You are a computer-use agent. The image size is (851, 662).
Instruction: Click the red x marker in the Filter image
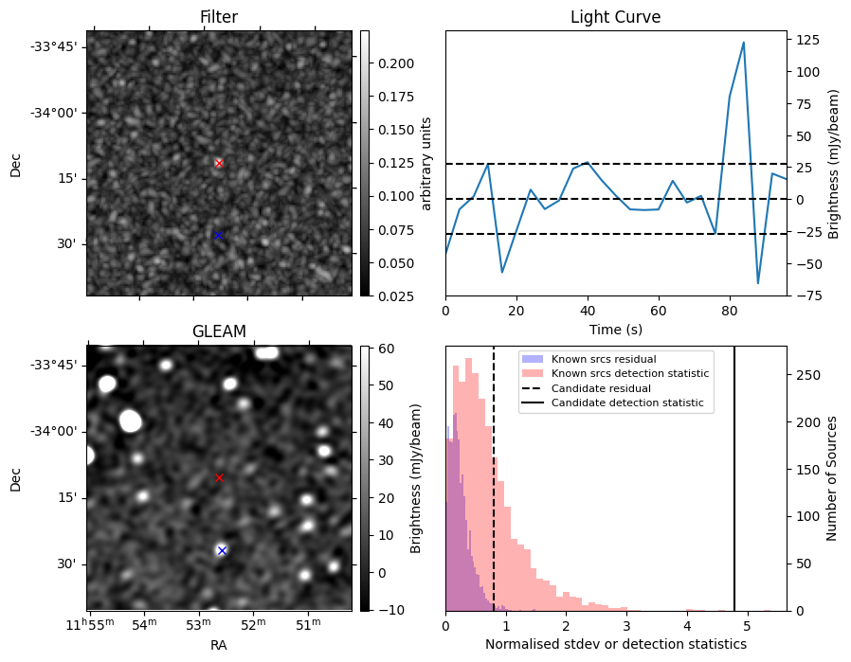219,163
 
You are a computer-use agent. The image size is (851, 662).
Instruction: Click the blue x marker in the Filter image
218,235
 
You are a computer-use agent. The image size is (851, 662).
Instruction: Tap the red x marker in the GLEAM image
219,477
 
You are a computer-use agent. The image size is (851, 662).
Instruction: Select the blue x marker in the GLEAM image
222,550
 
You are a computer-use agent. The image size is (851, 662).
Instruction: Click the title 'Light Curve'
615,18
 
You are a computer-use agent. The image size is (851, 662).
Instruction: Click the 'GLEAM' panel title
219,331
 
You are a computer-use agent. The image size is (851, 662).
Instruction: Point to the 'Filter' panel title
219,18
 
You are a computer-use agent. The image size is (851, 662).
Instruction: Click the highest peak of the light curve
744,43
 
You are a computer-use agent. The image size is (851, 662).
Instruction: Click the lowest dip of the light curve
758,283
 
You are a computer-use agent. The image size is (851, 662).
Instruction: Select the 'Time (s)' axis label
615,328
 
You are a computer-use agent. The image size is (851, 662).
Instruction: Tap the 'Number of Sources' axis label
832,478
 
